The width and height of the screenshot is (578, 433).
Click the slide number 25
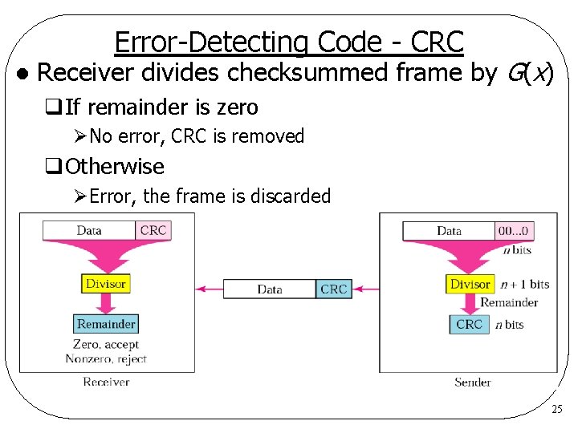(558, 410)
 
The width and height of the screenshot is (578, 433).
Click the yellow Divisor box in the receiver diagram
(106, 284)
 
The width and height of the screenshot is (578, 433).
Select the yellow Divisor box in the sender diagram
(470, 284)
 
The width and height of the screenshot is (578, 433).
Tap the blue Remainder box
(106, 324)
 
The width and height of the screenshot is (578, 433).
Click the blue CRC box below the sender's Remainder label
(469, 324)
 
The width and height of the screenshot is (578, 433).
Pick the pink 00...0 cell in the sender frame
(514, 231)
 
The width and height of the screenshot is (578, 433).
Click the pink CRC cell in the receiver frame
(153, 230)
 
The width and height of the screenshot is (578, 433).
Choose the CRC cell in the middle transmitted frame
(333, 289)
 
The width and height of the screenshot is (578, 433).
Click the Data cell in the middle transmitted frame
(270, 289)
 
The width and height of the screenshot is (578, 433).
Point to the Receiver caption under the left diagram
(106, 382)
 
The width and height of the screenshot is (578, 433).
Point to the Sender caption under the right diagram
(472, 382)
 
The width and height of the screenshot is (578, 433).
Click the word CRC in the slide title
(436, 41)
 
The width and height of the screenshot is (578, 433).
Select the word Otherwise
(115, 167)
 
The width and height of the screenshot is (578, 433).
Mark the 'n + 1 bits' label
(524, 284)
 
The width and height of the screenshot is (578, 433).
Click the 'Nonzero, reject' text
(106, 358)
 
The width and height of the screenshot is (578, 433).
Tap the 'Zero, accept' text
(106, 345)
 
